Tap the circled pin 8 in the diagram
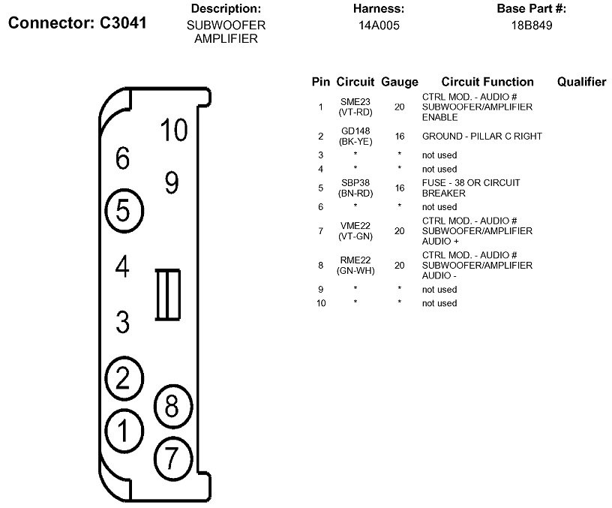172,407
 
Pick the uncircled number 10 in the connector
174,131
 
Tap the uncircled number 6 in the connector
123,158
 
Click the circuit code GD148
355,131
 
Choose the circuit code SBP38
355,182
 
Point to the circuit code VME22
355,225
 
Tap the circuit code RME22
355,260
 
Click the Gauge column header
400,82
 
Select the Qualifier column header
581,82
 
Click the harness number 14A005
379,25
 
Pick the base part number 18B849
532,25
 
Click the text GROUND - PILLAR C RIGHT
481,137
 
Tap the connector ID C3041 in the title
123,23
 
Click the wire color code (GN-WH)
355,270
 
